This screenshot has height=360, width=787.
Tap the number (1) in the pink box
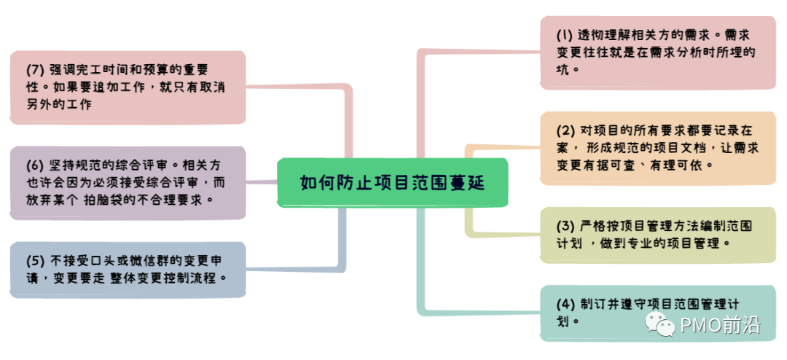[565, 35]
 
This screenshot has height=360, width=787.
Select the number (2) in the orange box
[566, 131]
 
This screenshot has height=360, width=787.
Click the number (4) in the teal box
[565, 304]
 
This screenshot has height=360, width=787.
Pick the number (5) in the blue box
[36, 260]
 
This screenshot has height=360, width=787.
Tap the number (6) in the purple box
[36, 165]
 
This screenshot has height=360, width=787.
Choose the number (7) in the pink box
[36, 70]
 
